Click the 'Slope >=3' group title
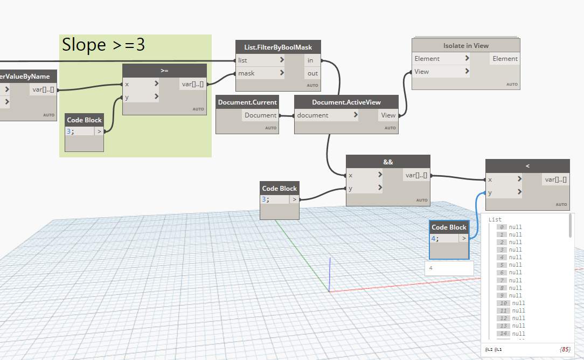(103, 45)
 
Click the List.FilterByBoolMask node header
(278, 47)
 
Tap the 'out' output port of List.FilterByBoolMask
(312, 73)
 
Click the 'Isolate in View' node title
(466, 46)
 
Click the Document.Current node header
(247, 102)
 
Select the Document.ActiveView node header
(346, 102)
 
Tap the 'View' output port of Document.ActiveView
(388, 115)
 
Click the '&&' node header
(388, 162)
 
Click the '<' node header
(527, 166)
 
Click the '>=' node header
(164, 71)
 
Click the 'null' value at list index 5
(516, 265)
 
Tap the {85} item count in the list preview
(565, 350)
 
